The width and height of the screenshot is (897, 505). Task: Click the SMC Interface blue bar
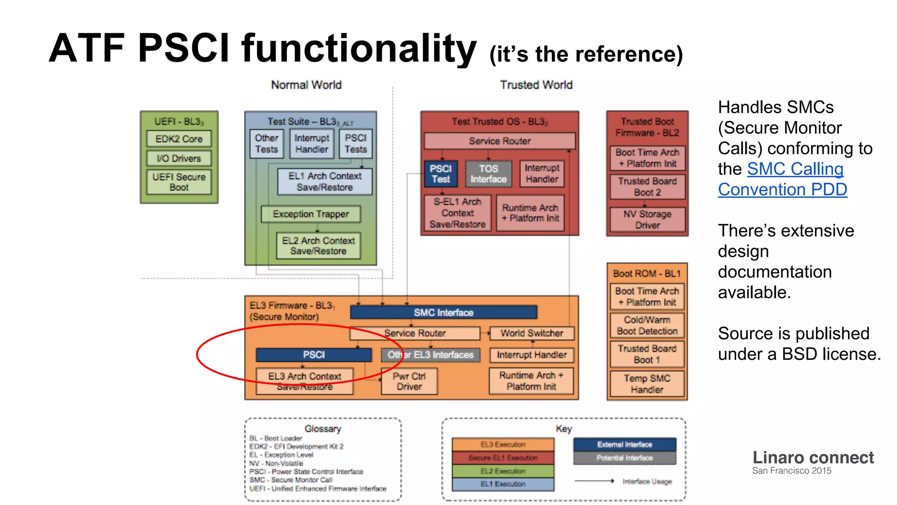tap(443, 312)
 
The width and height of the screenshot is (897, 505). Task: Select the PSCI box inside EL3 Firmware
tap(314, 355)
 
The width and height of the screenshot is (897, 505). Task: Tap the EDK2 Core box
tap(179, 139)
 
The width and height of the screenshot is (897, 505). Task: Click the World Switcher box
tap(532, 333)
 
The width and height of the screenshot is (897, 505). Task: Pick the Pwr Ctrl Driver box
tap(409, 381)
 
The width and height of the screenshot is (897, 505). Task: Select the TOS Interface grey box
tap(488, 174)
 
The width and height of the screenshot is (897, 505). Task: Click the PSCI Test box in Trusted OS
tap(441, 174)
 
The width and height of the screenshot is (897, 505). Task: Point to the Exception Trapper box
tap(311, 214)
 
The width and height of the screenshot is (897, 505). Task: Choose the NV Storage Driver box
tap(647, 219)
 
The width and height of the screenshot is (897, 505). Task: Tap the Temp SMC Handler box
tap(647, 384)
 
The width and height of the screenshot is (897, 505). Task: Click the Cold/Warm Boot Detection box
tap(647, 325)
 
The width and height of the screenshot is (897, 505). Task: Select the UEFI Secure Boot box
tap(179, 182)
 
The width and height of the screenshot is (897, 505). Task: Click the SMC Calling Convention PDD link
tap(782, 179)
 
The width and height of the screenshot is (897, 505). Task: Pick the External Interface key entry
tap(625, 445)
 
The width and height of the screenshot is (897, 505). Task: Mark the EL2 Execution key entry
tap(503, 471)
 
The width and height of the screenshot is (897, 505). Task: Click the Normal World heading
tap(306, 85)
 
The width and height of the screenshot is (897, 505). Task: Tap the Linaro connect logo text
tap(813, 458)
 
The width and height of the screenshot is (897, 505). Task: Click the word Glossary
tap(323, 429)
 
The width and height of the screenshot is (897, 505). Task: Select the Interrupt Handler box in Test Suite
tap(311, 143)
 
